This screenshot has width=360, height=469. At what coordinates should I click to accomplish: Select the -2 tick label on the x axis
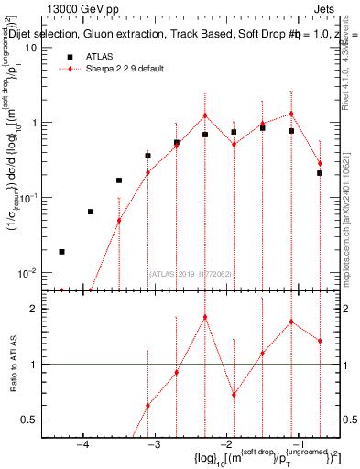pyautogui.click(x=224, y=446)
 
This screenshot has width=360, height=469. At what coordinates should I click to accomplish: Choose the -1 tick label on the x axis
pyautogui.click(x=295, y=446)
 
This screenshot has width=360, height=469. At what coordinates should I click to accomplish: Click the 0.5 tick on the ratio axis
pyautogui.click(x=29, y=420)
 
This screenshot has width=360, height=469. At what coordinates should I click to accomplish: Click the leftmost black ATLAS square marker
pyautogui.click(x=61, y=251)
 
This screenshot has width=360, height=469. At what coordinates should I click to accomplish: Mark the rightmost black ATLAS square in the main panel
pyautogui.click(x=320, y=172)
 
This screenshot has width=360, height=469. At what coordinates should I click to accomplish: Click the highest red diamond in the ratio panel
pyautogui.click(x=205, y=317)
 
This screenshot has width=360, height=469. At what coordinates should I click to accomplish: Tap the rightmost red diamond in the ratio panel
pyautogui.click(x=320, y=341)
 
